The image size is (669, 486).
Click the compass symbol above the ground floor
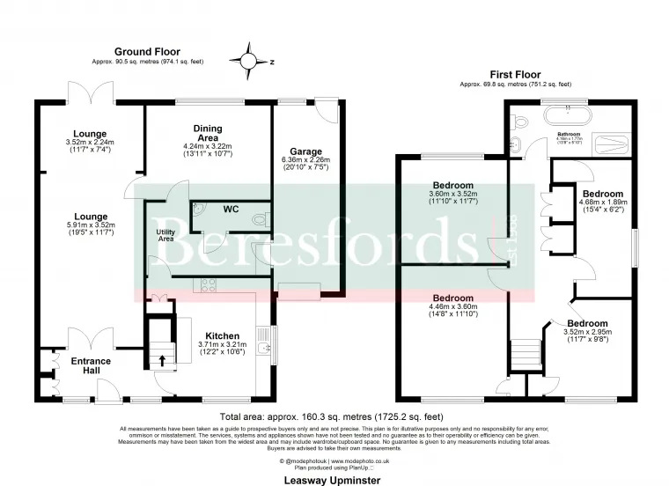250,61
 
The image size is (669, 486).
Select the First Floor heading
515,75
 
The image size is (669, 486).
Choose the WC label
231,210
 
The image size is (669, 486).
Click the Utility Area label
165,235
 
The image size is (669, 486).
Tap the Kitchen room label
222,335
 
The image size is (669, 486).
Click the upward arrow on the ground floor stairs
161,359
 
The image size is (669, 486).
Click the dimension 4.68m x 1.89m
603,202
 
